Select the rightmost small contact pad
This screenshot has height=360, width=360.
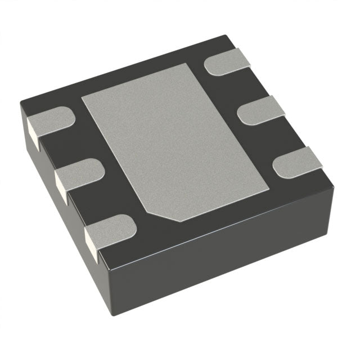coord(297,162)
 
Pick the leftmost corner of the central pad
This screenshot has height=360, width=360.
coord(82,97)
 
